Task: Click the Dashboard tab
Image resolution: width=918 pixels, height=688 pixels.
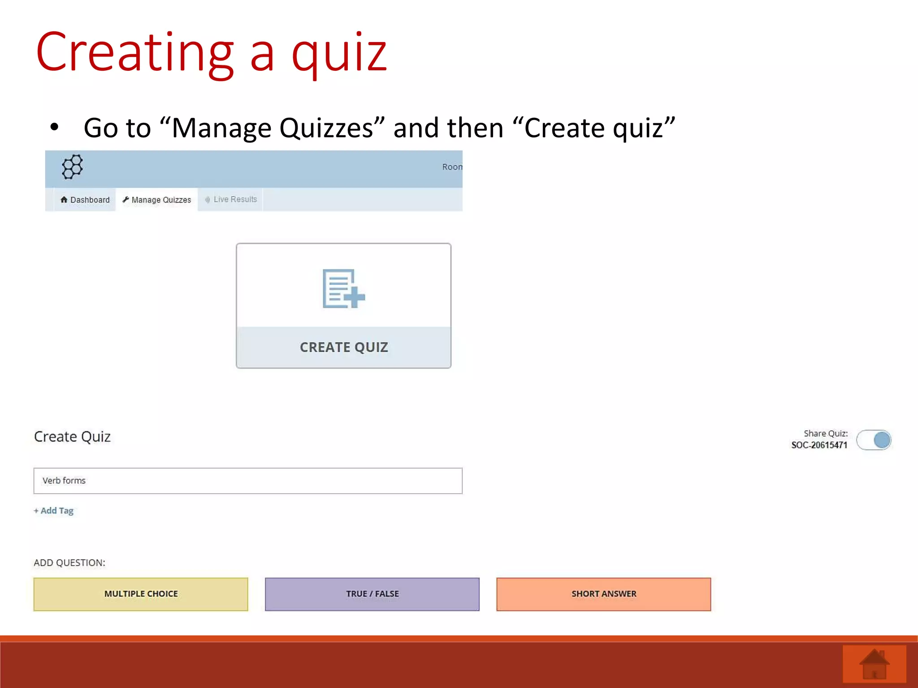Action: [x=85, y=200]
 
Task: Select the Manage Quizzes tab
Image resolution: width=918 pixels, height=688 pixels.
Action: [x=157, y=200]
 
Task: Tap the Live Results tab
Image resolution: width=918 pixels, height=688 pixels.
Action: [x=231, y=199]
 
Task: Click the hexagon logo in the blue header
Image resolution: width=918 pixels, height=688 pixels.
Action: [x=72, y=167]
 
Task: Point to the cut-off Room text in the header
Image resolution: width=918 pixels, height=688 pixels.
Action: [x=452, y=167]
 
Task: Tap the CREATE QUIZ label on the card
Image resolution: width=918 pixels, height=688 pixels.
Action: [x=344, y=347]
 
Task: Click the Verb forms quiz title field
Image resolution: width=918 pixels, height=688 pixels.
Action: [x=247, y=481]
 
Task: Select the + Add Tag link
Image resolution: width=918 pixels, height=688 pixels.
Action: [x=54, y=511]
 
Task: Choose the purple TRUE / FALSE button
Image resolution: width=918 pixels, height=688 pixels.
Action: [x=372, y=594]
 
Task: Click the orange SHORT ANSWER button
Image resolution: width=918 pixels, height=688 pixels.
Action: [x=603, y=594]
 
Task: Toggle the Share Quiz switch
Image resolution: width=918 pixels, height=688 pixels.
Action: [x=874, y=440]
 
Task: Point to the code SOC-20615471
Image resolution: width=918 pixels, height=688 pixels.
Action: [x=819, y=445]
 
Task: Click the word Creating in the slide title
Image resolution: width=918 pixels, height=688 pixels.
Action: [x=134, y=53]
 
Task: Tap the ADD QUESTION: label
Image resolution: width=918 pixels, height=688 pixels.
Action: [x=69, y=563]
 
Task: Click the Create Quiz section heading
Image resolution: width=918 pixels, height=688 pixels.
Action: [x=72, y=437]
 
